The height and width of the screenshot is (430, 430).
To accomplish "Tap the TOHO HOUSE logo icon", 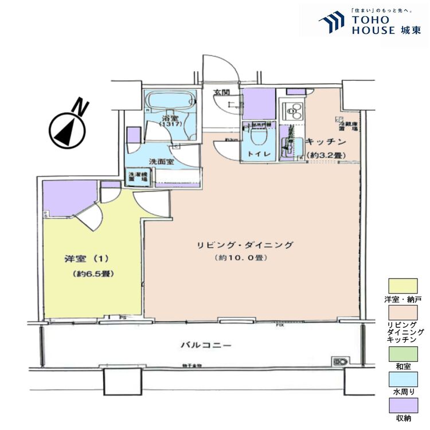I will pos(331,24).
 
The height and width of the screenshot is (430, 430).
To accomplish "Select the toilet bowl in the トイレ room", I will pos(257,137).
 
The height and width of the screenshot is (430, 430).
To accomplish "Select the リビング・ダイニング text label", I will pos(251,245).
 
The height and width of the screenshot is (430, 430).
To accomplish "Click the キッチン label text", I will pos(325,142).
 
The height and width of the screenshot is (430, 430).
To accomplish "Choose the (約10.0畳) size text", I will pos(241,258).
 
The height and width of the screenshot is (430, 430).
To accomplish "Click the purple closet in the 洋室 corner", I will pos(68,196).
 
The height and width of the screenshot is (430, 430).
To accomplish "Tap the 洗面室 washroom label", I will pos(162,162).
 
